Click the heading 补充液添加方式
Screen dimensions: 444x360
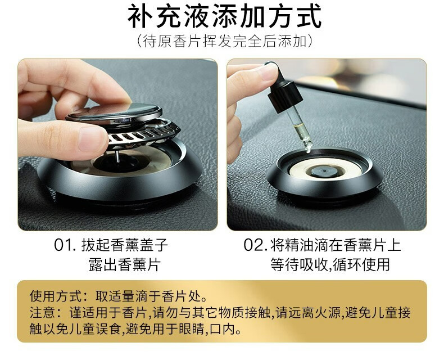pyautogui.click(x=225, y=16)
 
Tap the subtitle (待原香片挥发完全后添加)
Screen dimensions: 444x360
pyautogui.click(x=225, y=42)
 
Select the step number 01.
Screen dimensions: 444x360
pyautogui.click(x=65, y=245)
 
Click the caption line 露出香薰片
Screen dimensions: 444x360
pyautogui.click(x=125, y=264)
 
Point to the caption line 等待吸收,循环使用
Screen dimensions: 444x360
pyautogui.click(x=330, y=264)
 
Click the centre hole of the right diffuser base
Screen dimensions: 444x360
pyautogui.click(x=325, y=171)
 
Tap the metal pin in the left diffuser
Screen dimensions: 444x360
pyautogui.click(x=117, y=156)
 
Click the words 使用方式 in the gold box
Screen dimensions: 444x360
pyautogui.click(x=56, y=296)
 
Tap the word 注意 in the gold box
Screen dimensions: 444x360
pyautogui.click(x=43, y=313)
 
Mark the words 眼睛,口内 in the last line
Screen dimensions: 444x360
pyautogui.click(x=206, y=329)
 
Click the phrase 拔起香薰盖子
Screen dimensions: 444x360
pyautogui.click(x=125, y=245)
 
